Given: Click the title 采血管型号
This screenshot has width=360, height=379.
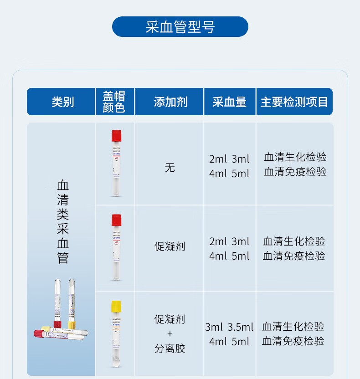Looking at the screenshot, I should [x=180, y=27].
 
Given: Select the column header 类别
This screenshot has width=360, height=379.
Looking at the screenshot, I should [x=62, y=102].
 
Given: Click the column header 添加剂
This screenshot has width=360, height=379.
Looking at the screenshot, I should [x=170, y=102].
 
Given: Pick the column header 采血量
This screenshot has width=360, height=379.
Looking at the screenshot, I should [x=229, y=102].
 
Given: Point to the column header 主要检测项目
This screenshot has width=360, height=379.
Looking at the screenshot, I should [x=294, y=102].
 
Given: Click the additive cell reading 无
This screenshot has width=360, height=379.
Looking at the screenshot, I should [x=170, y=168].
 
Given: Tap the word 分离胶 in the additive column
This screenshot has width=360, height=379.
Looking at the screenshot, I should [x=170, y=349].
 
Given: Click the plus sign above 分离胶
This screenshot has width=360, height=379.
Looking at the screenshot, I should [x=170, y=334].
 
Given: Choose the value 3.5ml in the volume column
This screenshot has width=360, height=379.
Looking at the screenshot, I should [x=240, y=327].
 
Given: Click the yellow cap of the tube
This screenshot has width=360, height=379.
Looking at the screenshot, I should [x=116, y=306].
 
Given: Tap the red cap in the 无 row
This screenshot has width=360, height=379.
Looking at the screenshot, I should [x=116, y=135].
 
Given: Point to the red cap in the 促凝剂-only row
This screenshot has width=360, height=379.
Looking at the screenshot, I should [x=116, y=220].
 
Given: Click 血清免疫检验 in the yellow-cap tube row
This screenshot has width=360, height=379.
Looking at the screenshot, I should [x=293, y=341].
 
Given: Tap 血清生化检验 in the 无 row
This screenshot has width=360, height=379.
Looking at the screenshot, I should [x=295, y=157].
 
